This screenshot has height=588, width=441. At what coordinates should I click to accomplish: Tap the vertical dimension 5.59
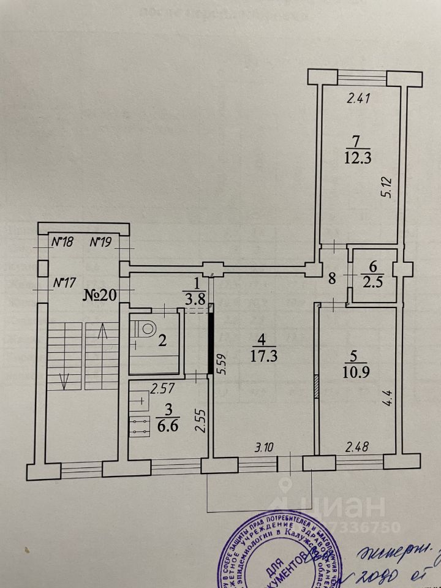(222, 366)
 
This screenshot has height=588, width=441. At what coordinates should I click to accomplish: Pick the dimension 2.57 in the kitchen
(164, 387)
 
